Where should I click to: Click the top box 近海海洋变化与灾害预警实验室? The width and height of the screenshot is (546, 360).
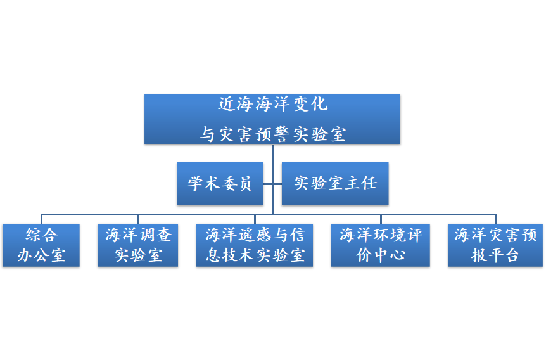(x=272, y=119)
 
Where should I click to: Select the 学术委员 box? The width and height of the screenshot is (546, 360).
(x=220, y=184)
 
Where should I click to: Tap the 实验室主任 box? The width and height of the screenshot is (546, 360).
(x=335, y=184)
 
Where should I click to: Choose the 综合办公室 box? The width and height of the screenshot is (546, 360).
(x=41, y=245)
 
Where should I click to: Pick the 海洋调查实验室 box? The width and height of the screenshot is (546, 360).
(x=138, y=245)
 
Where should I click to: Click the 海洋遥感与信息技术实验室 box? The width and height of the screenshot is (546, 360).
(x=255, y=245)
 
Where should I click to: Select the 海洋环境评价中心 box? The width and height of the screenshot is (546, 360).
(x=380, y=245)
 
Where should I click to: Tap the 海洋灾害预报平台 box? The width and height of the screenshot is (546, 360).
(x=495, y=245)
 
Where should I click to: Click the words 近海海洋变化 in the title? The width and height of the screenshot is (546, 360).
(x=272, y=104)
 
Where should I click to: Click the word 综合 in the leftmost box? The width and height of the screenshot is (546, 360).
(x=42, y=235)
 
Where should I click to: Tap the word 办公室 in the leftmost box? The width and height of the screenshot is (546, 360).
(x=41, y=255)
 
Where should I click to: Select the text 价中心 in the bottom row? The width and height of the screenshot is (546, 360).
(x=380, y=255)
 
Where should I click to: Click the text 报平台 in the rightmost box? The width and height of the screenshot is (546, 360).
(x=495, y=255)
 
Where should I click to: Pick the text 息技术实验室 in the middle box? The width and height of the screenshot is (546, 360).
(x=255, y=255)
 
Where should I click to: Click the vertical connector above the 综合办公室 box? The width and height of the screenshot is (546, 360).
(x=42, y=219)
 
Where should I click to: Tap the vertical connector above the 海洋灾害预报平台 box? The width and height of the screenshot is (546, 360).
(x=495, y=219)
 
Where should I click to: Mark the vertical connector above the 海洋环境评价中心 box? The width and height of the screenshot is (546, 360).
(x=381, y=219)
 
